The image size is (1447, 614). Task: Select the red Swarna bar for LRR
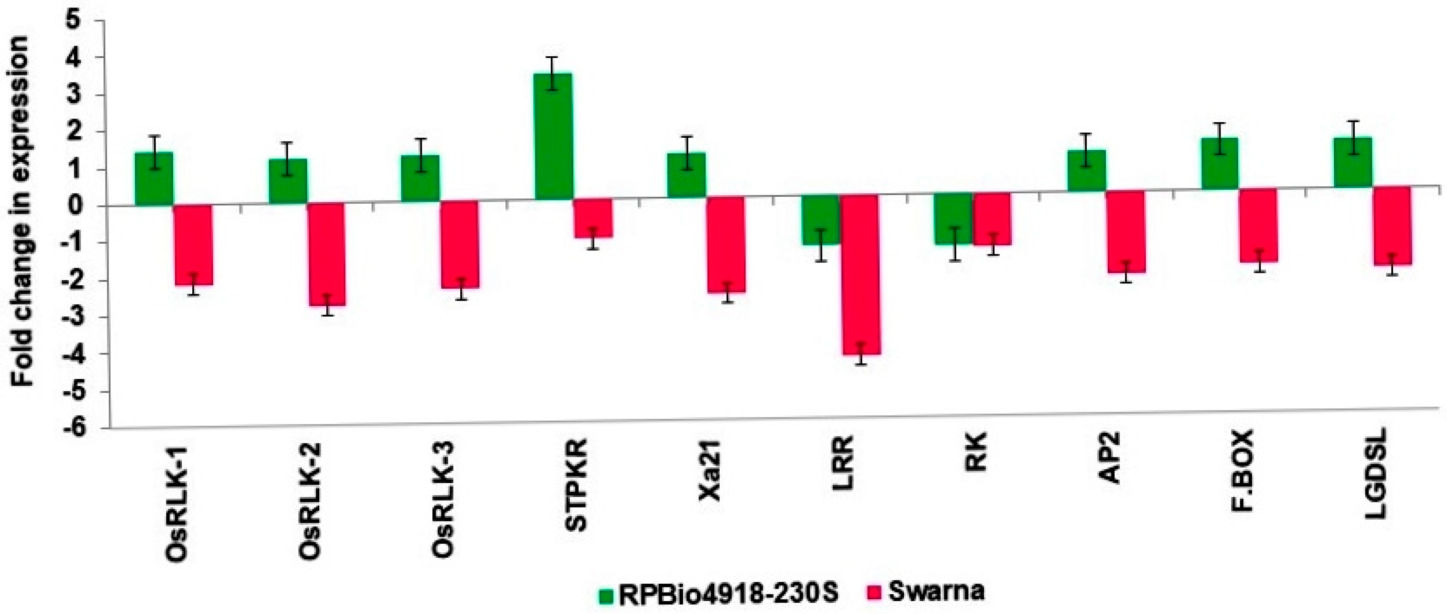coord(861,275)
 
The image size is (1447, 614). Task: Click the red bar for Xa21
coord(726,244)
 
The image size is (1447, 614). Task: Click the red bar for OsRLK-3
coord(459,244)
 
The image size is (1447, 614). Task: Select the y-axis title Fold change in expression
coord(23,210)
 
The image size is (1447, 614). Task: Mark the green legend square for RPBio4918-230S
coord(605,596)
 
